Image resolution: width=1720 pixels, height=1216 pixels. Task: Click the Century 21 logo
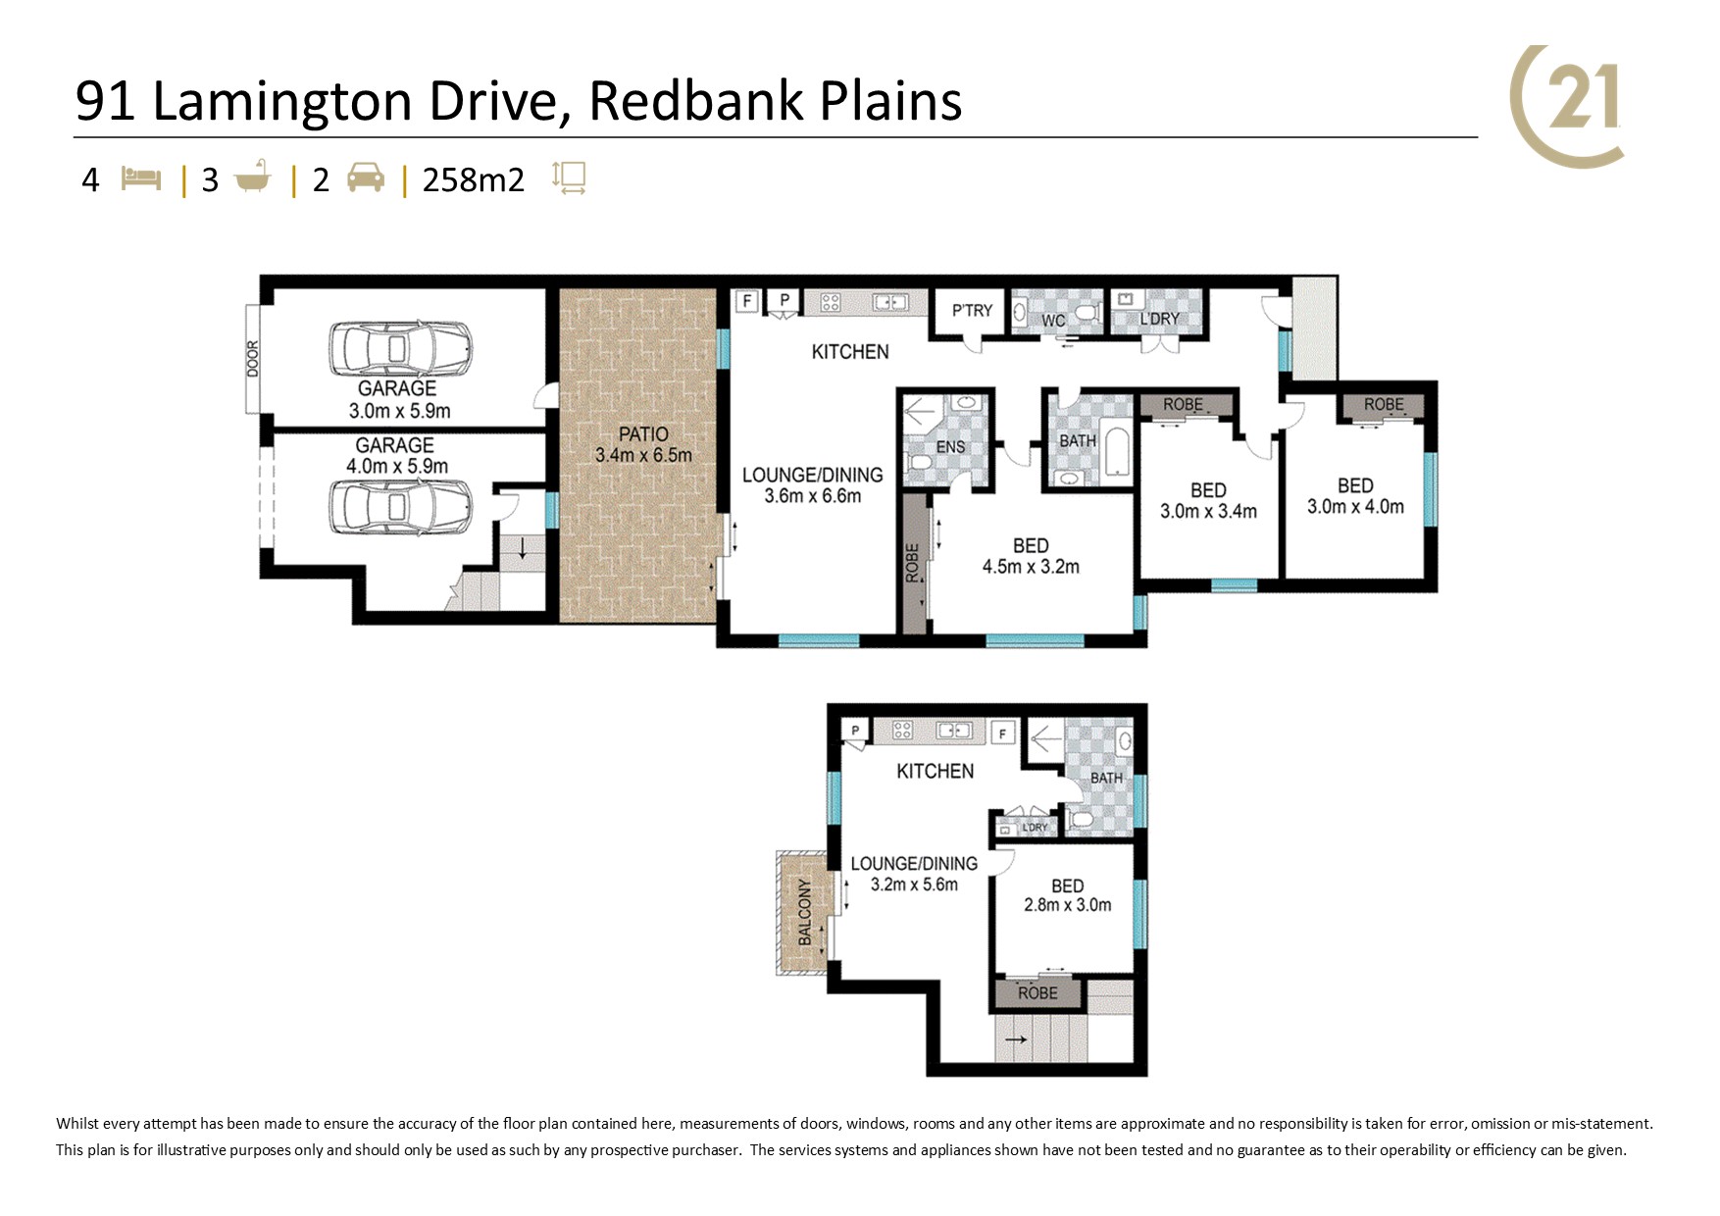pyautogui.click(x=1567, y=106)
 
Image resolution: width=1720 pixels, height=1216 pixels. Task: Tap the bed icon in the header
pyautogui.click(x=140, y=179)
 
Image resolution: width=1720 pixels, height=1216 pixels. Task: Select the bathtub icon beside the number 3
pyautogui.click(x=252, y=177)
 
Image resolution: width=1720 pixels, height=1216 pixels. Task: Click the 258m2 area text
pyautogui.click(x=474, y=180)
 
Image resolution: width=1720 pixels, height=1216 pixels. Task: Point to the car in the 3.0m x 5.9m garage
pyautogui.click(x=399, y=349)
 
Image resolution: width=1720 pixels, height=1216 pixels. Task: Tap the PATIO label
pyautogui.click(x=643, y=433)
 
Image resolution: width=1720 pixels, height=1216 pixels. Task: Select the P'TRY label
pyautogui.click(x=972, y=310)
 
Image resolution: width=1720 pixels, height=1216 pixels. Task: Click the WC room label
pyautogui.click(x=1053, y=321)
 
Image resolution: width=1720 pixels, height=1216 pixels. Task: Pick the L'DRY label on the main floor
pyautogui.click(x=1159, y=319)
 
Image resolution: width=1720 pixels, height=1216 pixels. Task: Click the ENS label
pyautogui.click(x=950, y=447)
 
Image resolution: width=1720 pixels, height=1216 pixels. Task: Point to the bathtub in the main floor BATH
pyautogui.click(x=1117, y=450)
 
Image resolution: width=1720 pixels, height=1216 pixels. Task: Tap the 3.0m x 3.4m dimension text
pyautogui.click(x=1208, y=511)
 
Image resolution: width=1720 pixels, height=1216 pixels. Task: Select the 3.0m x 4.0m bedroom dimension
pyautogui.click(x=1355, y=507)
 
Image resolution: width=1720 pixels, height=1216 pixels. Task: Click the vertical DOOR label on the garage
pyautogui.click(x=253, y=359)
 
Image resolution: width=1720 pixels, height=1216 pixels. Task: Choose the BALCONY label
pyautogui.click(x=805, y=912)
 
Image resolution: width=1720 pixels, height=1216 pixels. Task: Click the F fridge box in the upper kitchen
pyautogui.click(x=1002, y=733)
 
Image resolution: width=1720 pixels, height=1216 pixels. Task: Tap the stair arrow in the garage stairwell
pyautogui.click(x=523, y=548)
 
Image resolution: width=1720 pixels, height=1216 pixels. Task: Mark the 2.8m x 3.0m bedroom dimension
pyautogui.click(x=1068, y=905)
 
